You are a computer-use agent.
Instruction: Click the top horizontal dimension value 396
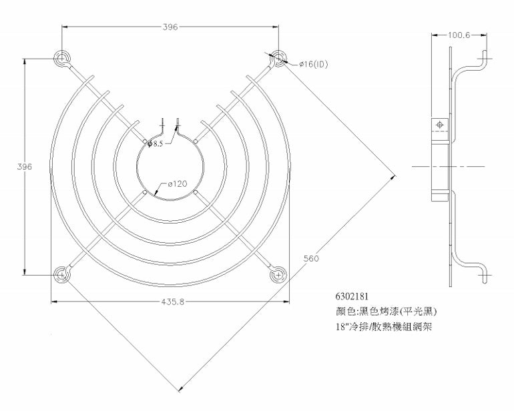tap(170, 27)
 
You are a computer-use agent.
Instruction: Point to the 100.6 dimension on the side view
tap(459, 34)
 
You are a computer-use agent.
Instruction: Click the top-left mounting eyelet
tap(62, 59)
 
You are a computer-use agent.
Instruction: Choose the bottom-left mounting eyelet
tap(62, 273)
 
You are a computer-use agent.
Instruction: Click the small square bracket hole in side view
tap(440, 125)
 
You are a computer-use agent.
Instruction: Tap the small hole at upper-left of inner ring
tap(145, 141)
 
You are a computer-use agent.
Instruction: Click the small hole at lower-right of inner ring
tap(196, 192)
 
